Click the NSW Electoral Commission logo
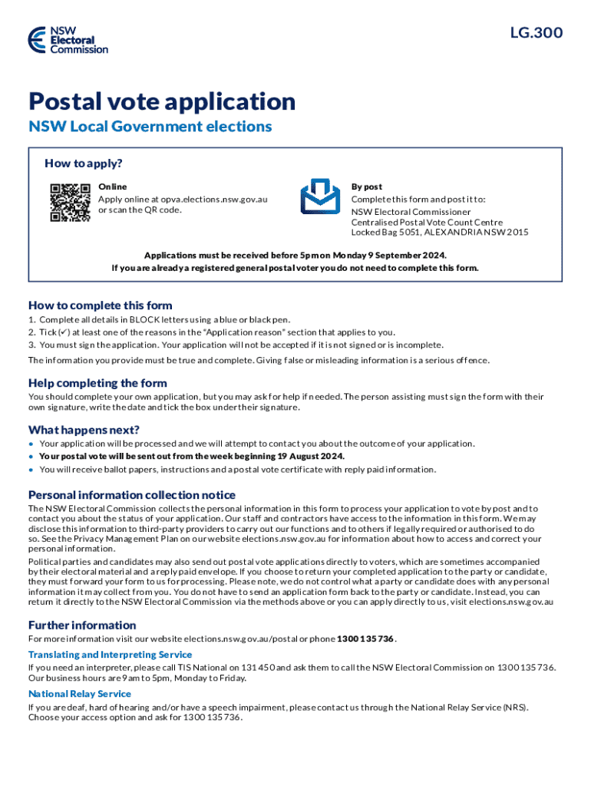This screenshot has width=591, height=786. pyautogui.click(x=68, y=39)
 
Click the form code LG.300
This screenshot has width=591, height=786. pyautogui.click(x=537, y=32)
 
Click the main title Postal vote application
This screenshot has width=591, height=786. pyautogui.click(x=162, y=101)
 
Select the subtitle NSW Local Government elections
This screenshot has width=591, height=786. pyautogui.click(x=150, y=126)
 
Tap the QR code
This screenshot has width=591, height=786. pyautogui.click(x=70, y=203)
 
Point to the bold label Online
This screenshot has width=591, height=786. pyautogui.click(x=113, y=187)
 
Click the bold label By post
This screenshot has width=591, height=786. pyautogui.click(x=367, y=187)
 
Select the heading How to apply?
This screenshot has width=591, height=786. pyautogui.click(x=84, y=163)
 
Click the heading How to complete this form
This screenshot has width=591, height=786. pyautogui.click(x=101, y=305)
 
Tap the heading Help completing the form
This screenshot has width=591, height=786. pyautogui.click(x=97, y=383)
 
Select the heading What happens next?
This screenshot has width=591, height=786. pyautogui.click(x=84, y=429)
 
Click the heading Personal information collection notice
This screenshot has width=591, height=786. pyautogui.click(x=132, y=494)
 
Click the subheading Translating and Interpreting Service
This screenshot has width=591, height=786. pyautogui.click(x=110, y=654)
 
